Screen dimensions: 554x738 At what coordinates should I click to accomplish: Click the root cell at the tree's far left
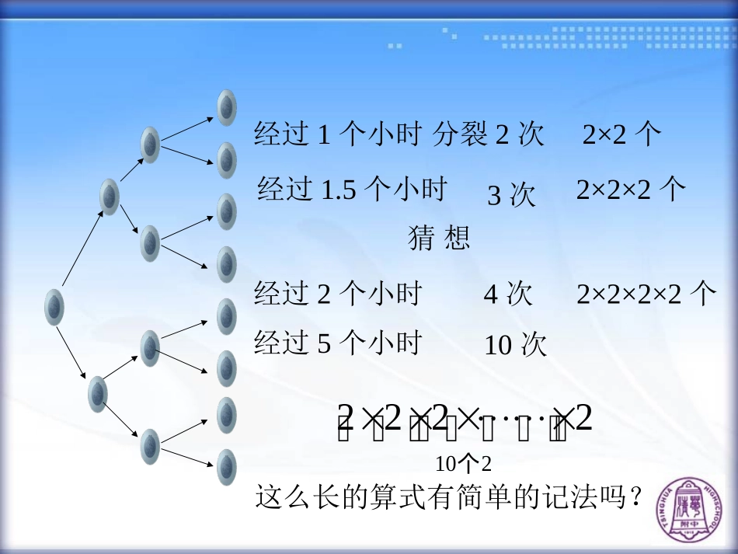54,306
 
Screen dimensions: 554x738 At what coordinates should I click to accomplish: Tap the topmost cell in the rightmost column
226,107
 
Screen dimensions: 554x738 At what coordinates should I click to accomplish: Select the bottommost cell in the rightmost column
226,467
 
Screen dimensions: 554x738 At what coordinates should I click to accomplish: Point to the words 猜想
439,238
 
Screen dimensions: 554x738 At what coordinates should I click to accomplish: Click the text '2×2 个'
621,135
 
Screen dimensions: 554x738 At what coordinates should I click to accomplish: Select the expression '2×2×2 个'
631,190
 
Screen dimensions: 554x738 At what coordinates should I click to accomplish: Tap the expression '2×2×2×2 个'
646,294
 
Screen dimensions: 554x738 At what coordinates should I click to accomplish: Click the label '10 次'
516,345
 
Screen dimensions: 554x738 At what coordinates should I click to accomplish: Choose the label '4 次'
508,294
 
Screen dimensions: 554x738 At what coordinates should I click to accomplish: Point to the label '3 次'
511,196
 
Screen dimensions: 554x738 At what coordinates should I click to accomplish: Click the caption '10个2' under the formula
464,465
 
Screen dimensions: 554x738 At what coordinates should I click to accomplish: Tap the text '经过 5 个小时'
337,343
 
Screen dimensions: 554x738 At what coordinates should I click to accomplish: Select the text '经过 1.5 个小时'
352,189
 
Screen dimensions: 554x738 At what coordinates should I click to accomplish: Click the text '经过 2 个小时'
337,294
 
